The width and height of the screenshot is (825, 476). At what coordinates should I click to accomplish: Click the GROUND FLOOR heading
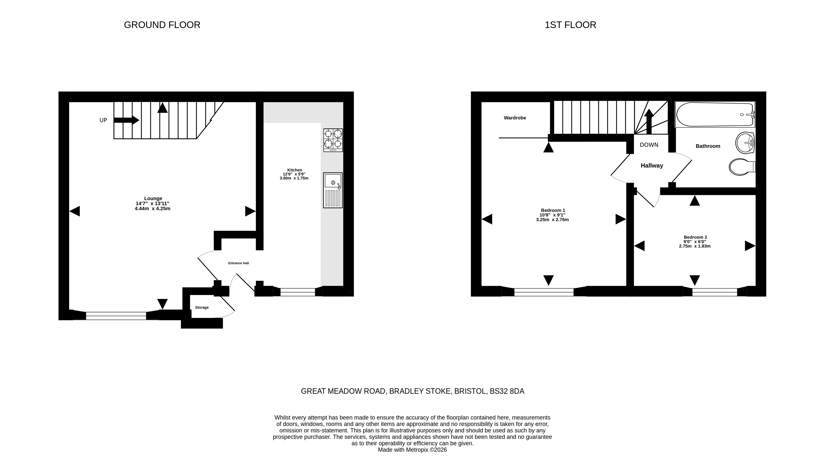162,25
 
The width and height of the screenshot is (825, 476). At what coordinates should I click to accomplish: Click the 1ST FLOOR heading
570,25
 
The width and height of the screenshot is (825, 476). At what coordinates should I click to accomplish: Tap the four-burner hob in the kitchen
333,140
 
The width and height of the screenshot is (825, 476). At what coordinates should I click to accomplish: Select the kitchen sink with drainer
333,190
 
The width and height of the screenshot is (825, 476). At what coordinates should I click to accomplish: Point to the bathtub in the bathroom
715,114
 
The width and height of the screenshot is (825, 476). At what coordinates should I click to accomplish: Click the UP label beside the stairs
103,120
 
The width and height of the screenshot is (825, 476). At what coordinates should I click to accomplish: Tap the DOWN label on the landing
649,145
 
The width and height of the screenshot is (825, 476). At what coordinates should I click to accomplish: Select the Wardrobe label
515,118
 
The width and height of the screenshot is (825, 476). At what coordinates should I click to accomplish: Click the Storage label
202,307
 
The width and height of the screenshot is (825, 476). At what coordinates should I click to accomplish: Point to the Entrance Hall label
239,263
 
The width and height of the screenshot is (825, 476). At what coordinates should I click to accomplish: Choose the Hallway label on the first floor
652,166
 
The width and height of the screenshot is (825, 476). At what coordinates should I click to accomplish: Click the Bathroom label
708,146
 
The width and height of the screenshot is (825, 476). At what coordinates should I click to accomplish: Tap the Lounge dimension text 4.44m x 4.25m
152,209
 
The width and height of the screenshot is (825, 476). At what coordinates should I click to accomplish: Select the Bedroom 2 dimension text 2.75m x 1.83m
695,246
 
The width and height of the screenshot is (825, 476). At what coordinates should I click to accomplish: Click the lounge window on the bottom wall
116,315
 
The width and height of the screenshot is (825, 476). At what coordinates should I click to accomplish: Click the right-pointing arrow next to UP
126,120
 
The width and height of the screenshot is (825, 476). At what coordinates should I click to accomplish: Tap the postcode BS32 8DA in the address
507,391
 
